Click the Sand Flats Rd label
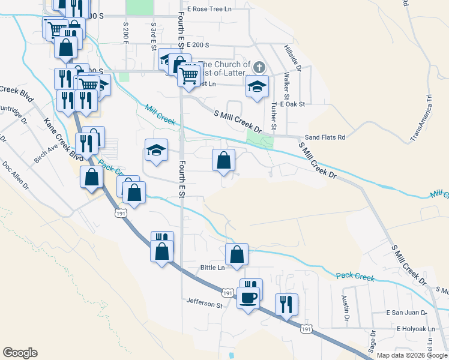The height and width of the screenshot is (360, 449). (x=325, y=137)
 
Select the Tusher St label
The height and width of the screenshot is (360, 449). (x=273, y=115)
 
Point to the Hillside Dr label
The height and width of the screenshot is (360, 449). (x=295, y=58)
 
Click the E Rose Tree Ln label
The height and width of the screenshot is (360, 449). (x=209, y=10)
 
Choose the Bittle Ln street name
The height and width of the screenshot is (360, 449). (x=212, y=267)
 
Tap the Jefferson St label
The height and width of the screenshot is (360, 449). (x=204, y=304)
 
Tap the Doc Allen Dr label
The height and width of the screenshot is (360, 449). (x=15, y=175)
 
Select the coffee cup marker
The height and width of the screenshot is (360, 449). (x=248, y=297)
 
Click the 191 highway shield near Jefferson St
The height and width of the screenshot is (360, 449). (x=227, y=293)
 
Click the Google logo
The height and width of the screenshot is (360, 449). (x=20, y=352)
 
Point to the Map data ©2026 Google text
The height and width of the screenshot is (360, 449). (x=412, y=355)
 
